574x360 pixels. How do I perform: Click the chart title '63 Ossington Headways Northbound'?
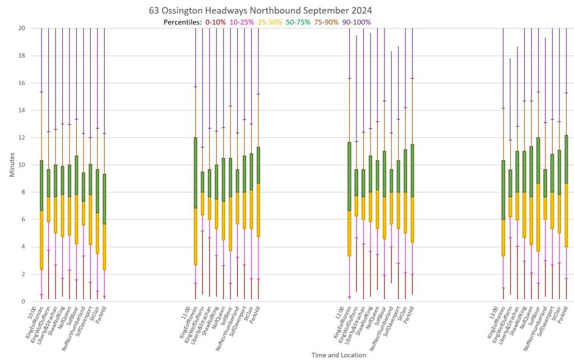click(260, 11)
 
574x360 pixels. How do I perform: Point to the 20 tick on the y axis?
click(22, 28)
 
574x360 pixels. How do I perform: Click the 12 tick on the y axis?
click(22, 137)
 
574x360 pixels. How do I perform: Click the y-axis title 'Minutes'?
click(12, 164)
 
